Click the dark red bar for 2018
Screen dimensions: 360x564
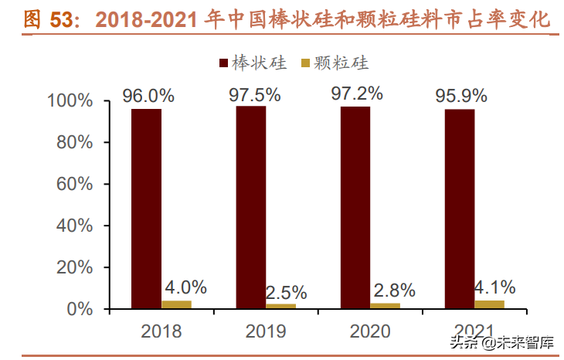coord(146,209)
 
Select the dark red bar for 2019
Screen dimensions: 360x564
coord(250,207)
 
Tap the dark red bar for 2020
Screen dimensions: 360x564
coord(355,207)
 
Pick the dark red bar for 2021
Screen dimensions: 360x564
coord(460,209)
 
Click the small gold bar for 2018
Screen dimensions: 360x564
coord(176,304)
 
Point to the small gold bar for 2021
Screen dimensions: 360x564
coord(489,304)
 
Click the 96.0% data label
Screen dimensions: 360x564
coord(148,96)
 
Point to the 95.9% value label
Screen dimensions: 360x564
coord(461,96)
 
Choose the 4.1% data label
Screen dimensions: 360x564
coord(494,288)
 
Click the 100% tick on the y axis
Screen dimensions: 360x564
coord(70,101)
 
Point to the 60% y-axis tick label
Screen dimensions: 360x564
coord(74,185)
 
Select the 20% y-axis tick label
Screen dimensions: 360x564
coord(74,267)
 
